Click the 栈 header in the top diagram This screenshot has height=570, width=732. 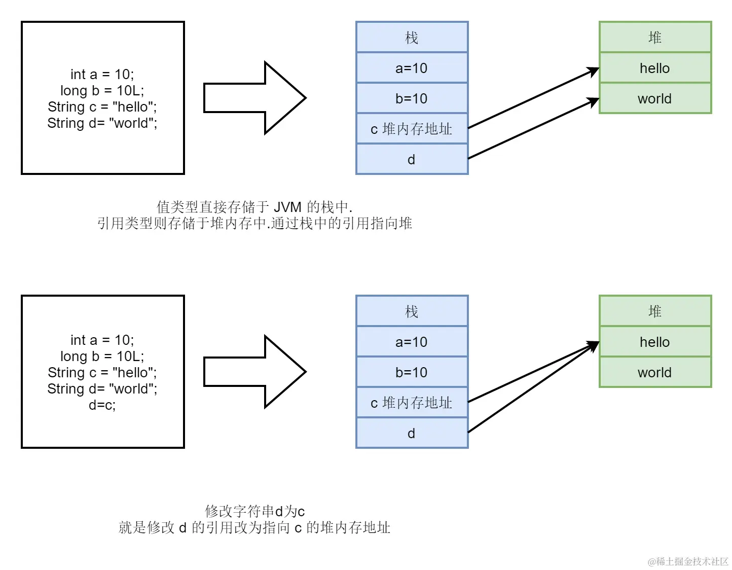[412, 38]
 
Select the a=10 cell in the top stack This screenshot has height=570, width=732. [412, 68]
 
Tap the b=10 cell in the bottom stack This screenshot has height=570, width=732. [412, 372]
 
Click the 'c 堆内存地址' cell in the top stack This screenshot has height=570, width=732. [412, 129]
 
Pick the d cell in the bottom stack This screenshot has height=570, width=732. [412, 433]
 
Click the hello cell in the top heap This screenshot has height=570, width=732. [655, 68]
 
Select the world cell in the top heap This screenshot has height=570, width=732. [655, 98]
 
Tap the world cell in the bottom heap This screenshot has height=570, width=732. [655, 372]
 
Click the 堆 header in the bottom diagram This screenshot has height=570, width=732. [655, 311]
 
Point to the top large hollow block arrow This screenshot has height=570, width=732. [253, 98]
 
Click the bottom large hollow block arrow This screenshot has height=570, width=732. [253, 372]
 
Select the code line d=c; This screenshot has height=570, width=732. [102, 405]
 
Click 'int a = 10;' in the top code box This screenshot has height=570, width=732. [102, 75]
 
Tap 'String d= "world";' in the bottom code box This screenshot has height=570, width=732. [102, 389]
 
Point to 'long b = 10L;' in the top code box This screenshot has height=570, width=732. [102, 91]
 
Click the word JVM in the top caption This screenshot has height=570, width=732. [287, 207]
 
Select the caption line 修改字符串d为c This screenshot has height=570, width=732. [254, 511]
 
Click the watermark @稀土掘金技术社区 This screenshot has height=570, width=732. [688, 561]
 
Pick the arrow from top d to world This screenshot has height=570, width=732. [532, 129]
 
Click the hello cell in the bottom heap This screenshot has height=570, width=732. [655, 342]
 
